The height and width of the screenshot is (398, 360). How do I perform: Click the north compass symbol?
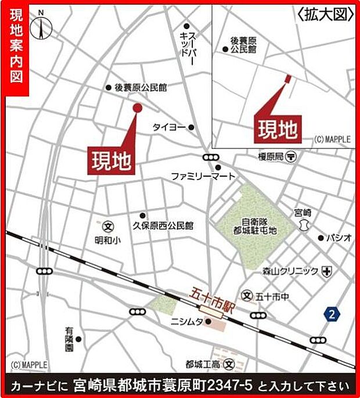tap(42, 26)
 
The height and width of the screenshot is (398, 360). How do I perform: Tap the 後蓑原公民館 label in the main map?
tap(140, 87)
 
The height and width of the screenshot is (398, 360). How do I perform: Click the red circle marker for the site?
tap(137, 107)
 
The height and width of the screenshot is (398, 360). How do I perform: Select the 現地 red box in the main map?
tap(111, 157)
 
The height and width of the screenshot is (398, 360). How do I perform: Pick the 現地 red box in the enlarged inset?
tap(278, 128)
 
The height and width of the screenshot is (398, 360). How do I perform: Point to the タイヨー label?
tap(168, 127)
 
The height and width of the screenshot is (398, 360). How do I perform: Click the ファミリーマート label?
tap(203, 175)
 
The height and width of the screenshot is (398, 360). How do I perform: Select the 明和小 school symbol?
tap(107, 225)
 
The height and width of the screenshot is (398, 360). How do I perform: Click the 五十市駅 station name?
tap(208, 299)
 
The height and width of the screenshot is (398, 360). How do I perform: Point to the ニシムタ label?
tap(186, 321)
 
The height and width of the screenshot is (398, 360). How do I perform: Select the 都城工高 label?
tap(203, 365)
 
